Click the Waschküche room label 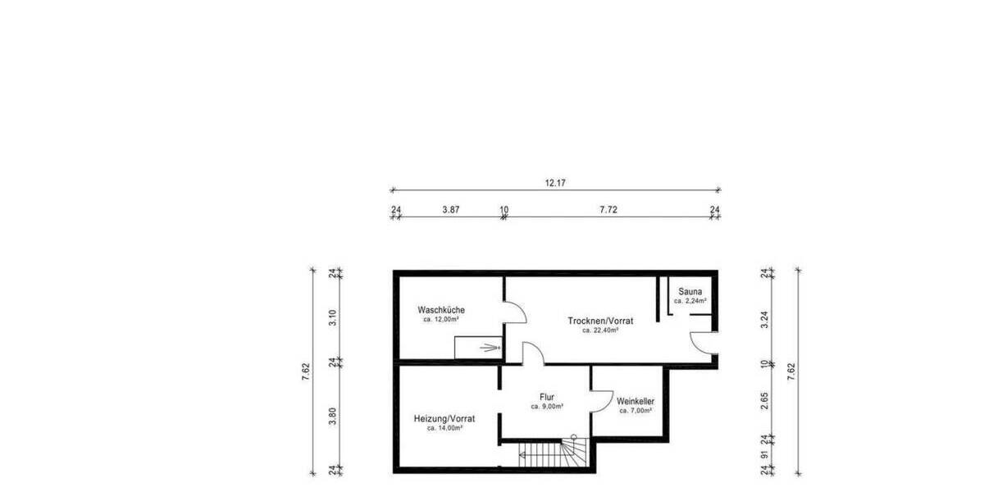coord(441,310)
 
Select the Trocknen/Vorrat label coord(600,321)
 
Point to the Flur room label coord(547,397)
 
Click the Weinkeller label coord(635,401)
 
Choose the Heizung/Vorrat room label coord(444,418)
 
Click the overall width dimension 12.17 coord(555,183)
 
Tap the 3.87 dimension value coord(450,210)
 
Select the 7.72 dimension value coord(608,210)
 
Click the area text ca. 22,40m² coord(600,330)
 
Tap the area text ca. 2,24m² coord(690,301)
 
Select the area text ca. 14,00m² coord(444,428)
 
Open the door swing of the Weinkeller coord(601,399)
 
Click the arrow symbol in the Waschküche coord(490,348)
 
